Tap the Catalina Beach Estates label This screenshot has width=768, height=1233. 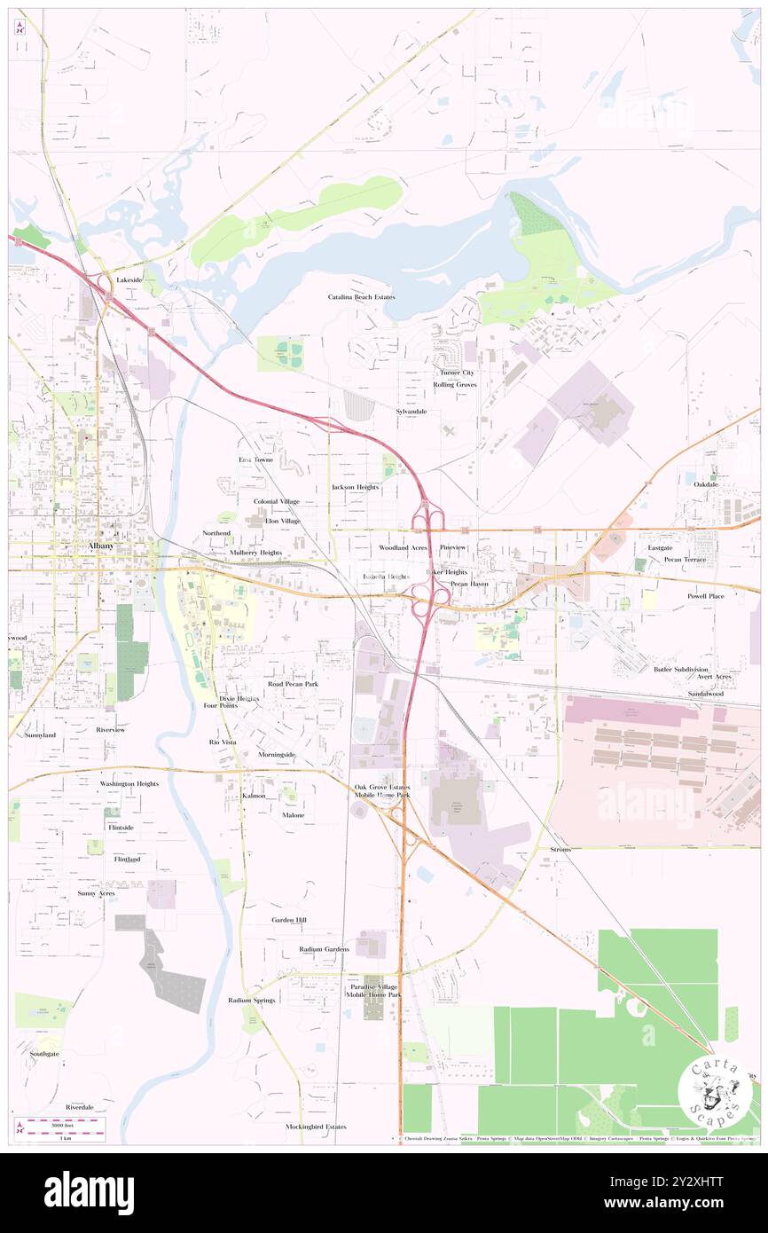point(361,297)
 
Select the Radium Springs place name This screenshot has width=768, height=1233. point(252,1000)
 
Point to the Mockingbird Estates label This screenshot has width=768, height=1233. point(316,1127)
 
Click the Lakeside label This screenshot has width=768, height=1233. point(129,279)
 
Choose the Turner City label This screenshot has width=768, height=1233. point(454,373)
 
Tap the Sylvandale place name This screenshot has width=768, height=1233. point(411,412)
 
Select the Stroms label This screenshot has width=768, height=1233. point(560,849)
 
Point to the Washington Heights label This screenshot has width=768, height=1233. point(129,784)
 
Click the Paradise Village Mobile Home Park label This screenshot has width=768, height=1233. point(373,991)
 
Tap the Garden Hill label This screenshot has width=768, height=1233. point(289,920)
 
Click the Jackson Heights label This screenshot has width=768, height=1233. point(355,487)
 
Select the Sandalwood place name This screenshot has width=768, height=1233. point(704,693)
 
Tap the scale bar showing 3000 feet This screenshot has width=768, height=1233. point(59,1128)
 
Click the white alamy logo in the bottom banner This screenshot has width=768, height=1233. point(89,1193)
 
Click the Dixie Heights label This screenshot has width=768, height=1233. point(239,699)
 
